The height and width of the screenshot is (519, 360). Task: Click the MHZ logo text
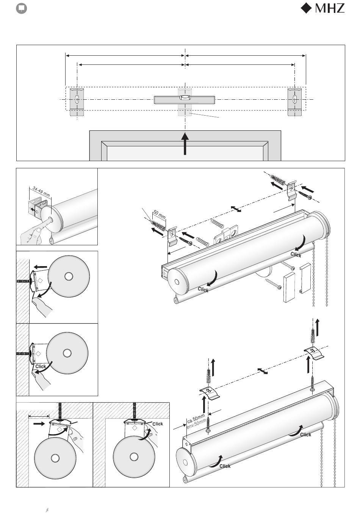330,8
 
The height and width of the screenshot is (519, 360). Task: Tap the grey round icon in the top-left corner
21,9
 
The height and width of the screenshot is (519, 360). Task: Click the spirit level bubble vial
185,97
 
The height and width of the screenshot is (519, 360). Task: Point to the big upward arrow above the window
185,143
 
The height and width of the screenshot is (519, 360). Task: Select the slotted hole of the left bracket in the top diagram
77,99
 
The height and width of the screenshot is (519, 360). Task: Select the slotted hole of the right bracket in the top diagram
294,99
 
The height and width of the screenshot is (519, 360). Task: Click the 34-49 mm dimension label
41,191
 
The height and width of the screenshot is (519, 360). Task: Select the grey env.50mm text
196,424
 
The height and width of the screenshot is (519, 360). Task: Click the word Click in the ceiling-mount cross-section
158,424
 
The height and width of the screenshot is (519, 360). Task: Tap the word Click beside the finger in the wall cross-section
41,366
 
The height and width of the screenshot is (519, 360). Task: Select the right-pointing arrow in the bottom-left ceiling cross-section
39,423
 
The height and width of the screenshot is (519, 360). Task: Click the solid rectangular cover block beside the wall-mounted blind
289,287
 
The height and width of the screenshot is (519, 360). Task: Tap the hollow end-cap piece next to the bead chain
305,278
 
